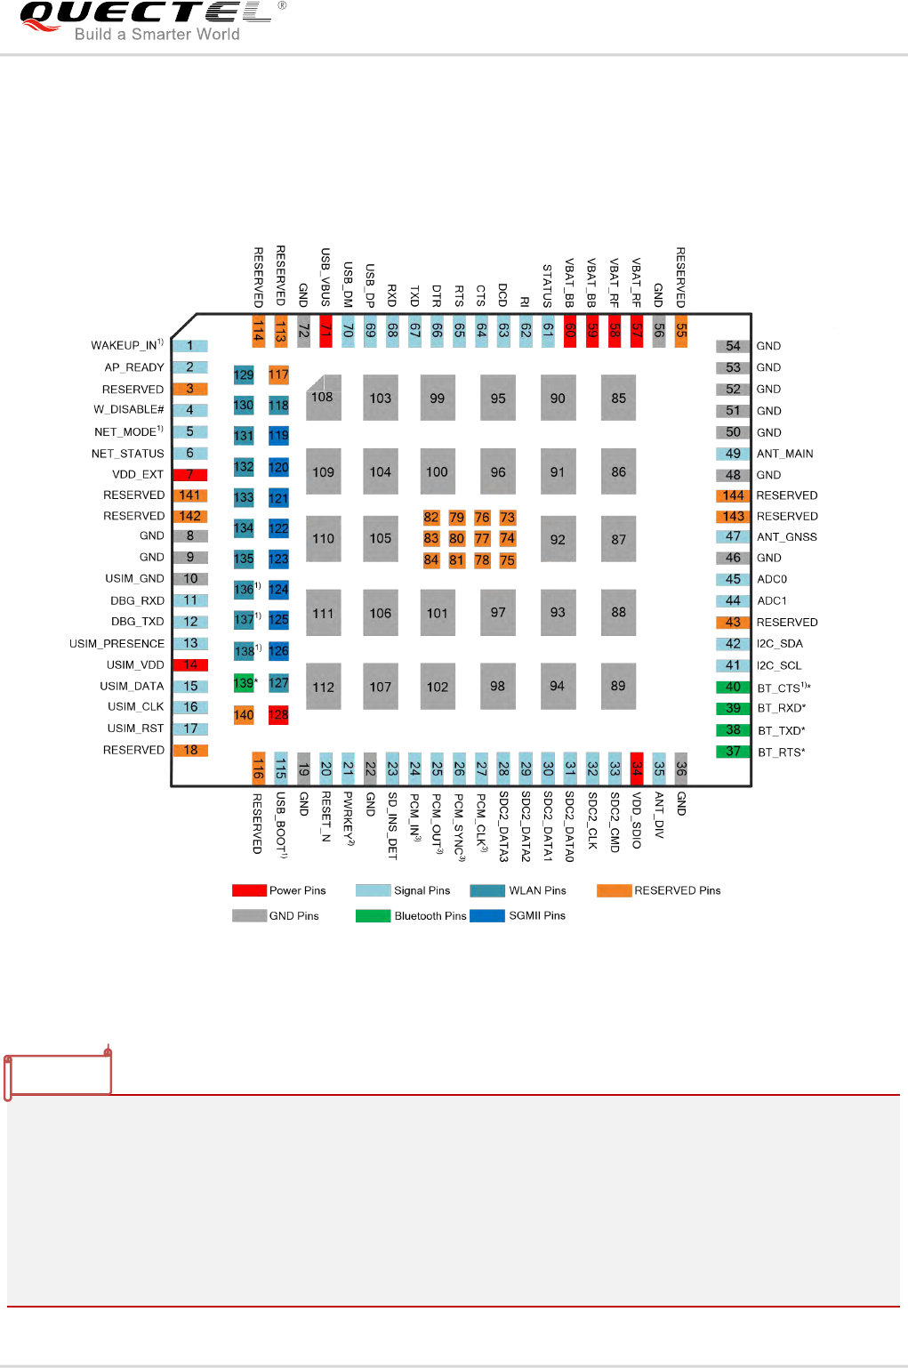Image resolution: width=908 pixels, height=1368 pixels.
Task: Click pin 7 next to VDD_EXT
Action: [x=189, y=475]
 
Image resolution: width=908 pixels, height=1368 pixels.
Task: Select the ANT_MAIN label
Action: [x=784, y=454]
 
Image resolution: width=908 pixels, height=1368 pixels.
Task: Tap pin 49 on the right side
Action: [x=733, y=454]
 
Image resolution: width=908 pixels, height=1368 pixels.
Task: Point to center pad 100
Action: [x=437, y=472]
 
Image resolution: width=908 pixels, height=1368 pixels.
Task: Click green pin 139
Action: [x=244, y=683]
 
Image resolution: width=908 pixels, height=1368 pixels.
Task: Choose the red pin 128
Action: [x=278, y=714]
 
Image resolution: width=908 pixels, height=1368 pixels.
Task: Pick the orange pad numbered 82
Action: [x=431, y=518]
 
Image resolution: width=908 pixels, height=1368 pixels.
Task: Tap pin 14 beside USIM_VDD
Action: [x=190, y=664]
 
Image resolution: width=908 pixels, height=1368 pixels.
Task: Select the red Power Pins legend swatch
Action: [x=249, y=890]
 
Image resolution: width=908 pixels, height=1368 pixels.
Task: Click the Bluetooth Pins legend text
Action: [x=430, y=916]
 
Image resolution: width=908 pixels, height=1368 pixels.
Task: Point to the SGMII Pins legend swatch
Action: [x=487, y=915]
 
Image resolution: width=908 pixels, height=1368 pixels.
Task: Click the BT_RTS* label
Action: [x=781, y=752]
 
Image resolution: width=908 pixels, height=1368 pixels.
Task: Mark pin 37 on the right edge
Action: [x=733, y=752]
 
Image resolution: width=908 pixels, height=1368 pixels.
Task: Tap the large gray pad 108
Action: [x=323, y=398]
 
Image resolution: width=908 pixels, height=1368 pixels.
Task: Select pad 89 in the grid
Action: [x=618, y=686]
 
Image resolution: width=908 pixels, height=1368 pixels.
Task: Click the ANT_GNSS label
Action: [x=786, y=537]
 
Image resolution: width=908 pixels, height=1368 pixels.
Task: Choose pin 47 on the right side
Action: [x=733, y=536]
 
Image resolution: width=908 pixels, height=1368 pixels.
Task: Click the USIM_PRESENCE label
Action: [x=117, y=644]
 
